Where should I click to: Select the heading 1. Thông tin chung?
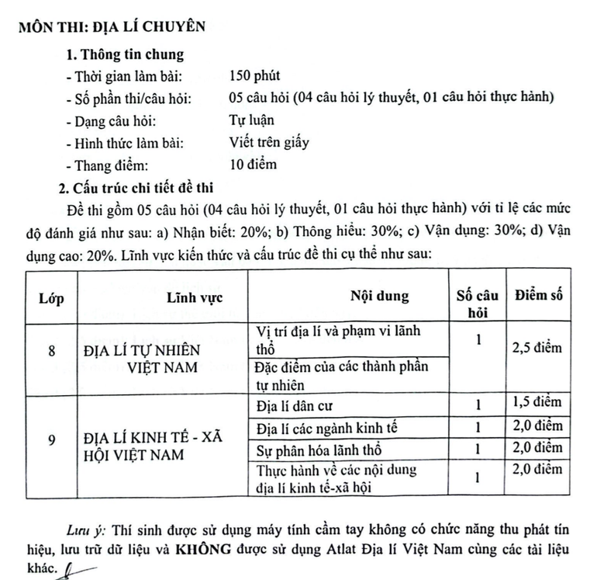[x=124, y=54]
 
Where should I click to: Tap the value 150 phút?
[x=255, y=76]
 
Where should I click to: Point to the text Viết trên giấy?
[x=269, y=142]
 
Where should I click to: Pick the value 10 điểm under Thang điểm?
[x=254, y=164]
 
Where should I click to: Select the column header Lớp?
[x=52, y=297]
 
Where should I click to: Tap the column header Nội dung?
[x=379, y=297]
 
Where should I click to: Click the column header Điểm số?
[x=538, y=295]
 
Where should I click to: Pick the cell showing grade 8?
[x=52, y=350]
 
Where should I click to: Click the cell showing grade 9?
[x=52, y=440]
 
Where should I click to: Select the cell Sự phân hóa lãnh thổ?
[x=318, y=450]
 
